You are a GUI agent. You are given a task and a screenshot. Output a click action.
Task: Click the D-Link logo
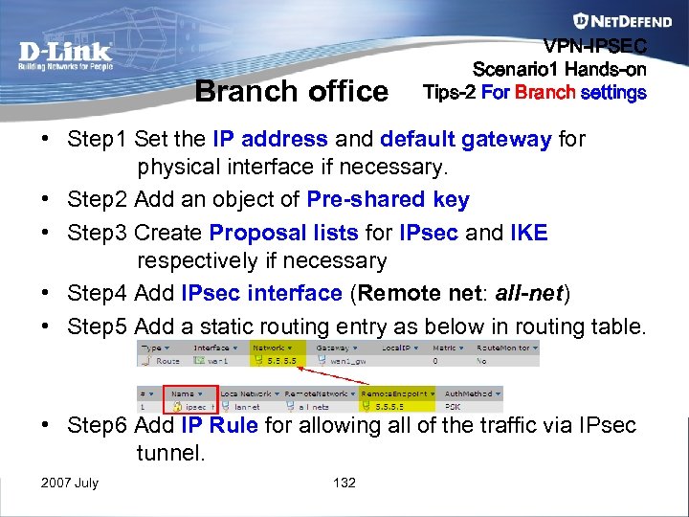point(65,55)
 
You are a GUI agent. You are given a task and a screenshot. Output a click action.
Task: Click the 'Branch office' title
point(291,91)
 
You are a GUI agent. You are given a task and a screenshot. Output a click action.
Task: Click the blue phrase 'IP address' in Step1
point(271,139)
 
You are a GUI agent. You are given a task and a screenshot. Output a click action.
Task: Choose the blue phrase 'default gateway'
point(465,139)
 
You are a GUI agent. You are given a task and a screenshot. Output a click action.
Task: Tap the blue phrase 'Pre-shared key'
point(388,199)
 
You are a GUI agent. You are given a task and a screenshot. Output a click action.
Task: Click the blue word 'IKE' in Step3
point(529,234)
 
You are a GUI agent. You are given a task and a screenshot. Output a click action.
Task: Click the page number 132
point(344,483)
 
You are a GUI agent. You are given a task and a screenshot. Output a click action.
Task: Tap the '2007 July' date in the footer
point(70,483)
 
